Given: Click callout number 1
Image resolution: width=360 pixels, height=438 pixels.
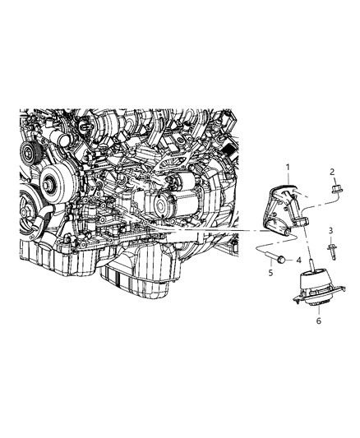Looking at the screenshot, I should tap(287, 168).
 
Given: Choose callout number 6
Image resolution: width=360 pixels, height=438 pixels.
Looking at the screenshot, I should tap(317, 321).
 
